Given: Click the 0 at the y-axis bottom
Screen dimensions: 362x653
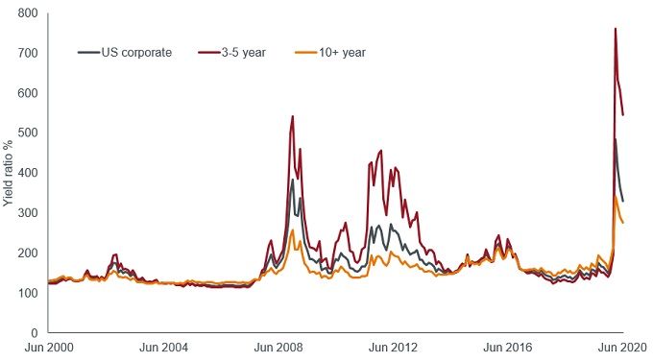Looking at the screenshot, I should click(35, 332).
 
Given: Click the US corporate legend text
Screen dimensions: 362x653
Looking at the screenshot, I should click(136, 52).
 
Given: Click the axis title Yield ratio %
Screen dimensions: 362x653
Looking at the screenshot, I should click(9, 173).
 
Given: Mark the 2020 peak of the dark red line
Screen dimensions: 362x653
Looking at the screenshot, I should click(615, 29).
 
